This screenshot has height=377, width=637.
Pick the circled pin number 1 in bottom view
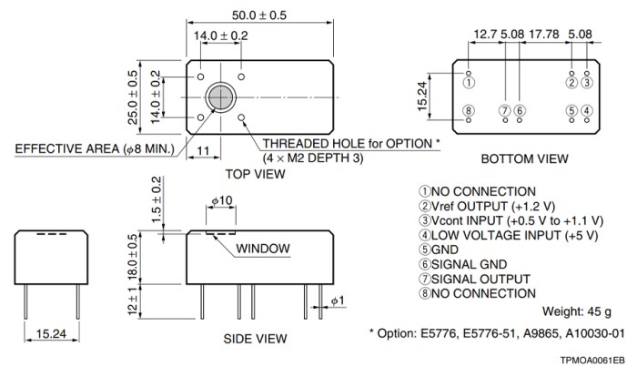468,83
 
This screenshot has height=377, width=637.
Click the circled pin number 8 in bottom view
468,111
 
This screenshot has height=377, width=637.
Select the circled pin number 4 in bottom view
587,111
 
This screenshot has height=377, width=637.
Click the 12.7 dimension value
484,36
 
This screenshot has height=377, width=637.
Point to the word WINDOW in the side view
263,249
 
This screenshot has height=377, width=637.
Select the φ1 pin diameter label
335,300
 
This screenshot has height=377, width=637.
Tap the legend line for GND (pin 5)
439,250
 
